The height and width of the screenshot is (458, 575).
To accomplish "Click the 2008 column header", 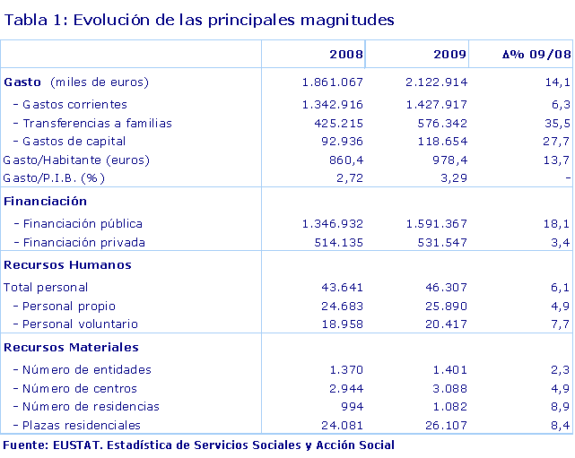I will pos(345,54).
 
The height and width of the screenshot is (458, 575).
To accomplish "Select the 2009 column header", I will pos(449,54).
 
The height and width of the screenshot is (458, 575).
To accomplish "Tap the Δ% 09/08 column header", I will pos(536,54).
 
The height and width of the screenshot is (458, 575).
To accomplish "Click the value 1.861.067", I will pos(334,82).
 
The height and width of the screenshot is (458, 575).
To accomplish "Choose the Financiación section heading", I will pos(46,201).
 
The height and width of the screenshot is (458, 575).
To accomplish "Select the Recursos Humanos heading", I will pos(67,264).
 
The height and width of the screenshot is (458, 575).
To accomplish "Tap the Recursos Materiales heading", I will pos(71,346).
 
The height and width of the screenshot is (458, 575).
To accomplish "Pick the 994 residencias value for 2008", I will pos(352,406).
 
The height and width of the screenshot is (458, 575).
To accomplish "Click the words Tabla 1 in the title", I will pos(33,19).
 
